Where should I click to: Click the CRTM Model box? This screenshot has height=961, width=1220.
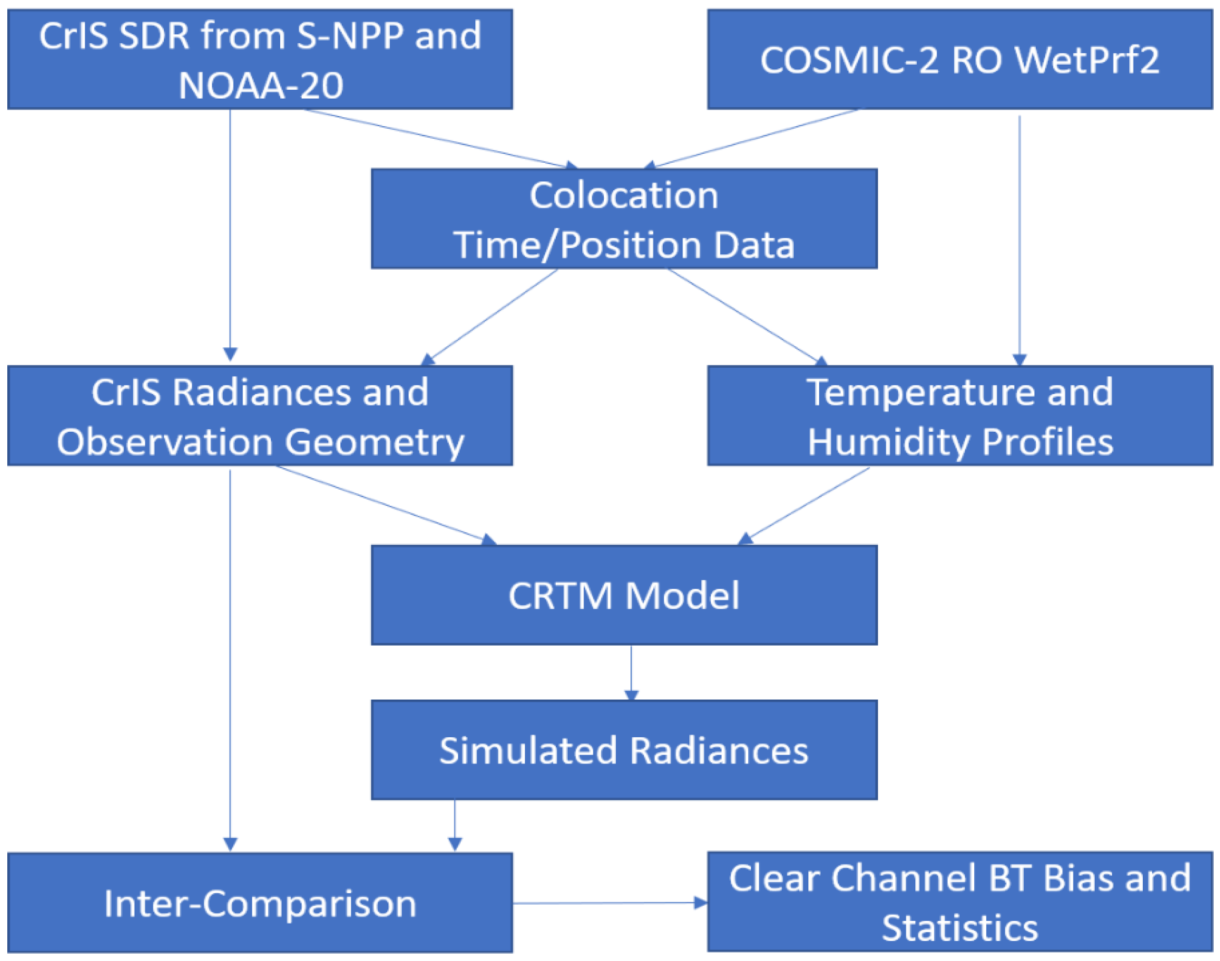624,595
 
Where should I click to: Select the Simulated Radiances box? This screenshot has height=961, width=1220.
624,750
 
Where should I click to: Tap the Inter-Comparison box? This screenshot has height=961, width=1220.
259,903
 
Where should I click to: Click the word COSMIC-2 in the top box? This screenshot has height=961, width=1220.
849,59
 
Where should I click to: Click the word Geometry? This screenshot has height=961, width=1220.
374,442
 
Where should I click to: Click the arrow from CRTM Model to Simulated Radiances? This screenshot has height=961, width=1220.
631,672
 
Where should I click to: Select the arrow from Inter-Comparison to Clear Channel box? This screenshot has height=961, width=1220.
608,903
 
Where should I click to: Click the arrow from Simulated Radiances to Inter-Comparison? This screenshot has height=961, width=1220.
455,825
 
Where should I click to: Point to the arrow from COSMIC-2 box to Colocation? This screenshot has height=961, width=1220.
755,138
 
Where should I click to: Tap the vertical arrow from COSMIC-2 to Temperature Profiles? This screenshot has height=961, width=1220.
1020,236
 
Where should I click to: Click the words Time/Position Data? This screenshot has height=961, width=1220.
624,245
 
